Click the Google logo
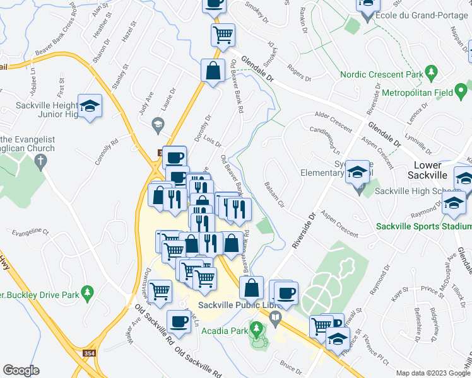(x=21, y=370)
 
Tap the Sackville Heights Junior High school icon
(x=90, y=106)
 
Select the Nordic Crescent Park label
(x=381, y=74)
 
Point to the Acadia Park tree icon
(x=256, y=328)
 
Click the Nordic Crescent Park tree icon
(x=431, y=74)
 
